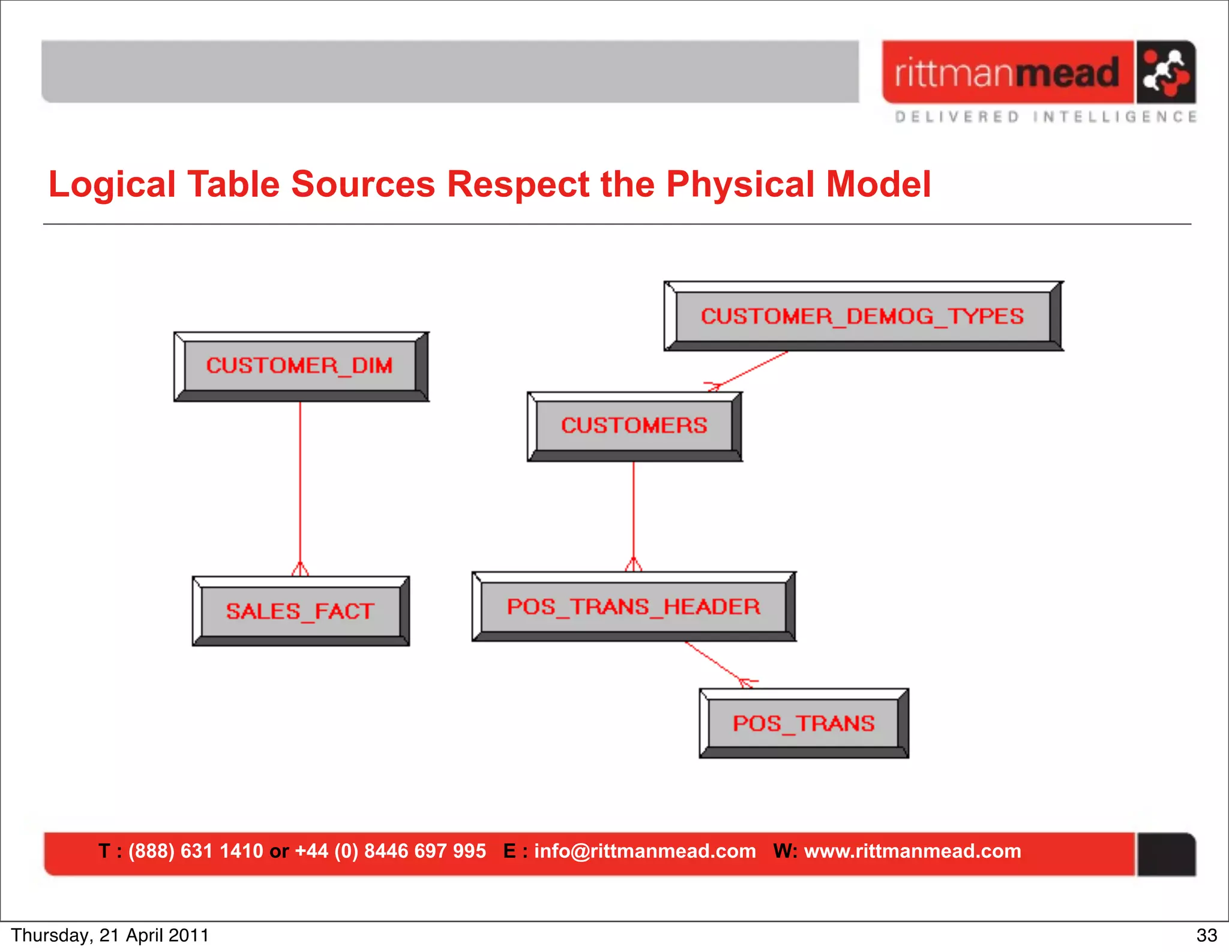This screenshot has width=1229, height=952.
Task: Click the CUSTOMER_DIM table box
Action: coord(300,366)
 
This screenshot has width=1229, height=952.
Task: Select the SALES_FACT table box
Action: coord(300,611)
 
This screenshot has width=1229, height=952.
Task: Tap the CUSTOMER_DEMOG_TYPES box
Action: coord(862,316)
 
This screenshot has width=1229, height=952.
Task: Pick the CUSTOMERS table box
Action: coord(634,426)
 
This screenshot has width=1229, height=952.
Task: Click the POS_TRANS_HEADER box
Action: coord(633,606)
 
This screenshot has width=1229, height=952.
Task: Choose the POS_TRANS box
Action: coord(804,723)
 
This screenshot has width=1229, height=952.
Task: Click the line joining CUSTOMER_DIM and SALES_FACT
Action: coord(300,480)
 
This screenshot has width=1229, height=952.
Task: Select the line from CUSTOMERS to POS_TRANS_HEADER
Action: coord(634,510)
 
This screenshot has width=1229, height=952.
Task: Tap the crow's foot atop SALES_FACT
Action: coord(300,569)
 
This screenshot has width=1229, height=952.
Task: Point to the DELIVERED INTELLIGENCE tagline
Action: coord(1046,117)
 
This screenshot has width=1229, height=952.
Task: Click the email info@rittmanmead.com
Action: coord(645,851)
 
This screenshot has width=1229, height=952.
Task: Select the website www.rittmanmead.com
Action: coord(912,851)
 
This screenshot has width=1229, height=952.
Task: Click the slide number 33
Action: coord(1206,935)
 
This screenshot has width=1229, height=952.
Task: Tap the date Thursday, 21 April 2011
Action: coord(110,935)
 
